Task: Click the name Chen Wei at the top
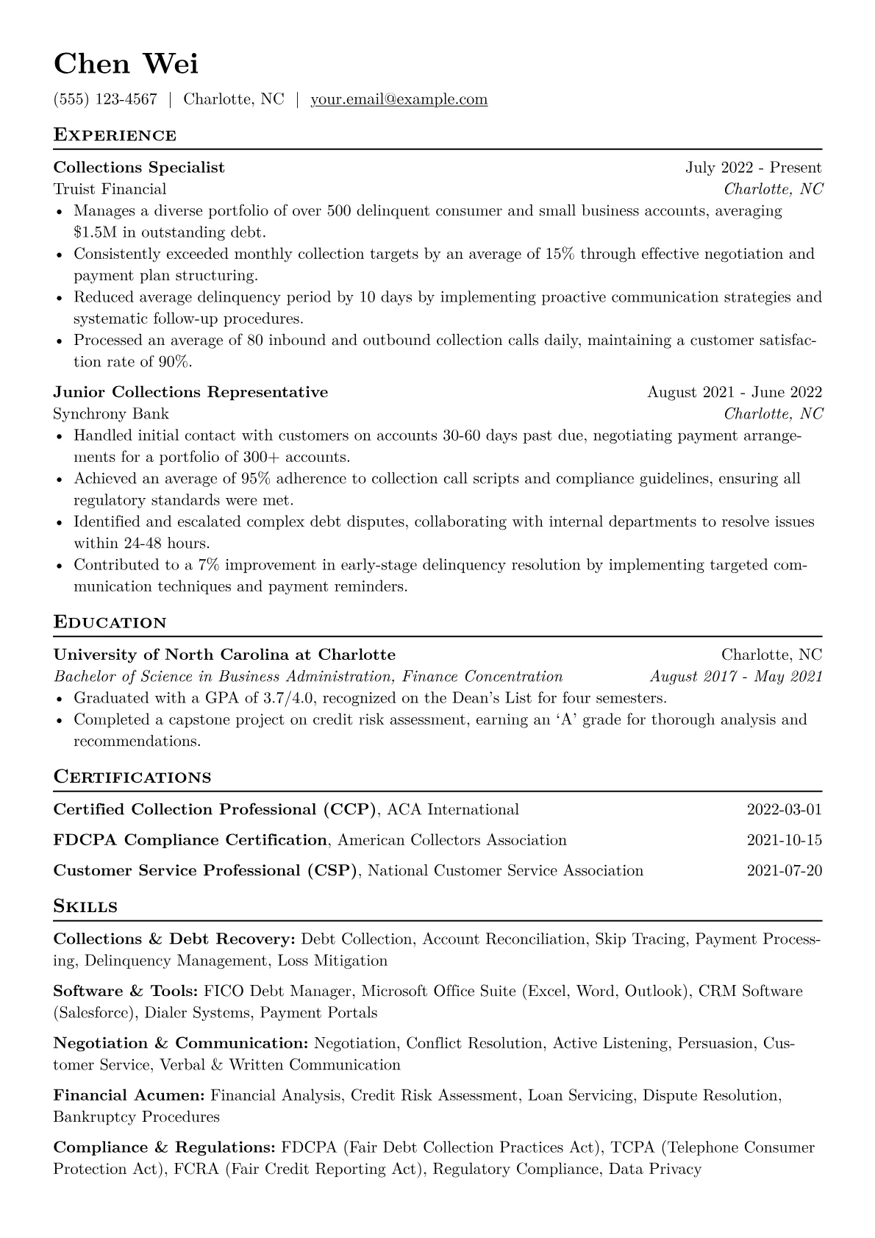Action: point(126,65)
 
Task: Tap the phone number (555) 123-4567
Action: point(105,99)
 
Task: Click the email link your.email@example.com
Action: point(399,99)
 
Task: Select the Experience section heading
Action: point(115,135)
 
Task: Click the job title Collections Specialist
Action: point(139,168)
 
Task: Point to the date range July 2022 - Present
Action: point(753,168)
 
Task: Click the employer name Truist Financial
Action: point(110,189)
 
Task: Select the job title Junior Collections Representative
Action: point(190,392)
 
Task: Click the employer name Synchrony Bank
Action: point(111,413)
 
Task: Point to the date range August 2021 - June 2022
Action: point(734,392)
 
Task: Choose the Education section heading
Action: point(110,622)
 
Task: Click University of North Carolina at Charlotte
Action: point(224,655)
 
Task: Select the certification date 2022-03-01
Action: point(784,810)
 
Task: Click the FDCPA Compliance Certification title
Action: point(190,840)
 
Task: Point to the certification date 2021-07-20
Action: point(784,871)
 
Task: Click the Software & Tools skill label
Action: point(125,991)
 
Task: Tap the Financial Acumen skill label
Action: point(129,1095)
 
